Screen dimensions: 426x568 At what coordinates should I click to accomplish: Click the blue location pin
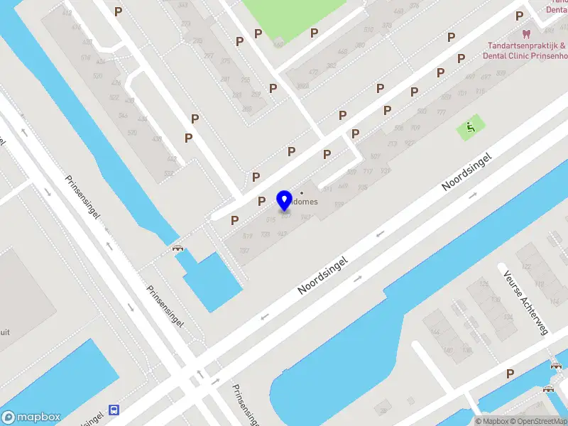point(285,201)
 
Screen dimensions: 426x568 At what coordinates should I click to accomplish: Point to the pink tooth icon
point(526,33)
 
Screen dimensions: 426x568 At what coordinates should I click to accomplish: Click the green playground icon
point(469,129)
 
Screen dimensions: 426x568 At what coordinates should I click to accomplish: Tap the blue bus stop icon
point(114,410)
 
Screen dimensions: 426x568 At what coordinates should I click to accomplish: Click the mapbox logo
point(31,417)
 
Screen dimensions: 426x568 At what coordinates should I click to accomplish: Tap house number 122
point(526,266)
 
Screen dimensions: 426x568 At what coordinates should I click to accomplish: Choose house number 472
point(313,72)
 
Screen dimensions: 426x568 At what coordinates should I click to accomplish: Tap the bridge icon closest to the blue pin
point(177,248)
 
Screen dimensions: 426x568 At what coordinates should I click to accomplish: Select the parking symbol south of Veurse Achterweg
point(510,373)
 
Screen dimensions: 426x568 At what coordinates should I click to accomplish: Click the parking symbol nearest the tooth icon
point(519,16)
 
